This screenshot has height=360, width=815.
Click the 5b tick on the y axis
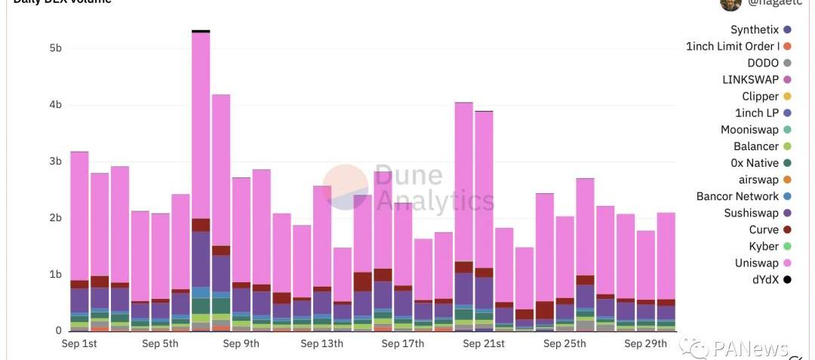(x=55, y=48)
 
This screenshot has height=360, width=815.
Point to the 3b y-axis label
(x=55, y=162)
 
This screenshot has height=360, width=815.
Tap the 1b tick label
(x=55, y=275)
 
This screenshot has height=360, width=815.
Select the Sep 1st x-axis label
(x=79, y=344)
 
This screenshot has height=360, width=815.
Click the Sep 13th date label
(x=321, y=344)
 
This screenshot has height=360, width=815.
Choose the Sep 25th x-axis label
(x=564, y=344)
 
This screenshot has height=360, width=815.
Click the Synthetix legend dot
(x=788, y=30)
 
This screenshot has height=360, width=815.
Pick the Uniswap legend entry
(x=756, y=263)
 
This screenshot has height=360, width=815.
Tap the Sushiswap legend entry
(x=751, y=214)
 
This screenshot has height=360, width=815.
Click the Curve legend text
(x=764, y=230)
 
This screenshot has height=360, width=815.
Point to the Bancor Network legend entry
(x=737, y=197)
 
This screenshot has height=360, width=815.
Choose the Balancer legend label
(x=755, y=146)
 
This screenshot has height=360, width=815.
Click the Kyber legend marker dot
(x=788, y=247)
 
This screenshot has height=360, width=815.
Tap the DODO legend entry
(x=763, y=63)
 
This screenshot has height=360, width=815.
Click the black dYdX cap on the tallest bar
(x=201, y=31)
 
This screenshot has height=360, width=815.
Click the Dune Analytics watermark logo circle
(x=346, y=187)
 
